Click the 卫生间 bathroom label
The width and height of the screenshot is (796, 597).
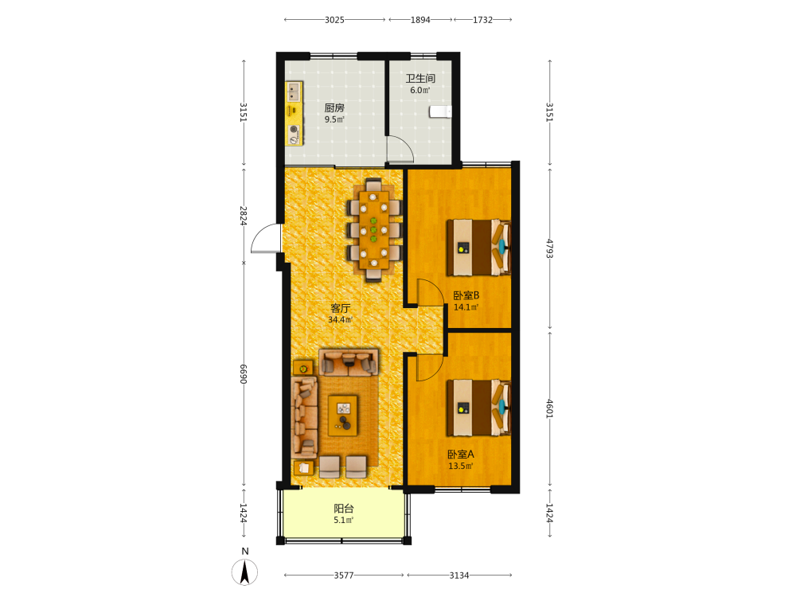[x=419, y=78]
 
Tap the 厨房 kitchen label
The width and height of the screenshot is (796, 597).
[x=334, y=107]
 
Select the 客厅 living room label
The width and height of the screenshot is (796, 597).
[x=340, y=308]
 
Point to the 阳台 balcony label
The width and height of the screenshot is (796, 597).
[x=344, y=508]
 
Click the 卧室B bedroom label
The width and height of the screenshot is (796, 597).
[x=466, y=295]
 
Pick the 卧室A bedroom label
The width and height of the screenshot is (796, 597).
[x=460, y=455]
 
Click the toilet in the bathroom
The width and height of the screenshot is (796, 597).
[x=440, y=111]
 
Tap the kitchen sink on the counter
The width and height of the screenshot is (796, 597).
[x=294, y=92]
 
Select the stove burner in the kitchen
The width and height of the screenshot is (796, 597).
[x=294, y=134]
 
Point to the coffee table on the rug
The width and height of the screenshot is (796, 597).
[x=342, y=416]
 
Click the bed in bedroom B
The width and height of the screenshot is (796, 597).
[x=478, y=248]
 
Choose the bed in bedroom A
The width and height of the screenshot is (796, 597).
[x=478, y=408]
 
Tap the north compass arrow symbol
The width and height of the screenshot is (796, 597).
[x=244, y=572]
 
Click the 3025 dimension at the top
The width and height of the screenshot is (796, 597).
[x=334, y=20]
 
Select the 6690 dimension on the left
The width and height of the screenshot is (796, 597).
[x=244, y=374]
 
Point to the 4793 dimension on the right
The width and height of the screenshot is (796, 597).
[x=549, y=248]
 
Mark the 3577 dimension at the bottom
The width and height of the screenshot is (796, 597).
[x=344, y=576]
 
